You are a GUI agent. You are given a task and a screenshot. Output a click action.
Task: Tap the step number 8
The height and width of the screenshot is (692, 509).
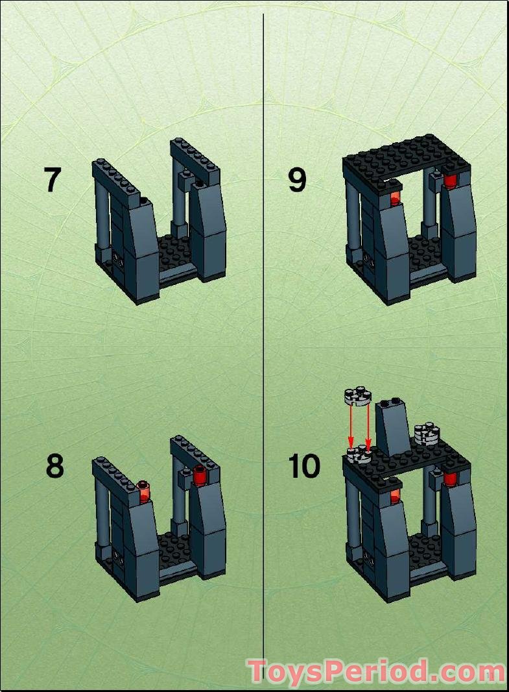pos(55,465)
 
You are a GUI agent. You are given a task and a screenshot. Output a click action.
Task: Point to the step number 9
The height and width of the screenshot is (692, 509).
pos(297,180)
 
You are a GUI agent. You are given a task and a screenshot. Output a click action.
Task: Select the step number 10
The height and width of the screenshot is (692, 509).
pos(304,465)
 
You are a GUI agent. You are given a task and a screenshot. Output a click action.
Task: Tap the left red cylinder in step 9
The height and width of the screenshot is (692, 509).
pos(394,196)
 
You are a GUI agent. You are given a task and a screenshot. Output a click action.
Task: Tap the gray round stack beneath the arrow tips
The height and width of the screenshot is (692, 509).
pos(359,454)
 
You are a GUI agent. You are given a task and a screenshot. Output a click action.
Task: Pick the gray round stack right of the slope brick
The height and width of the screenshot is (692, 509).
pos(427,433)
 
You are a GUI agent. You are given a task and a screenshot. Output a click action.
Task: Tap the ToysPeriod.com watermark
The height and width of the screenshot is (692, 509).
pos(376,671)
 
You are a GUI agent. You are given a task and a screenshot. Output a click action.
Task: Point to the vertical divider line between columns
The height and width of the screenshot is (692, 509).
pos(263,325)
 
